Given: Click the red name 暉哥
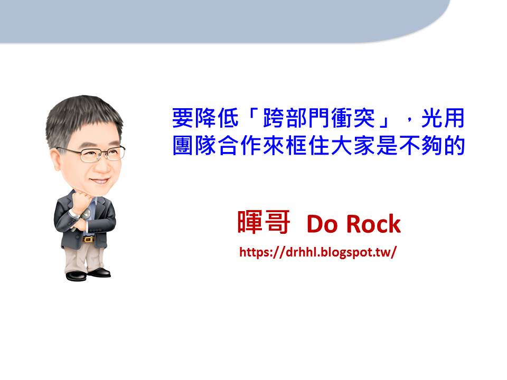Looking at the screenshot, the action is tap(264, 222).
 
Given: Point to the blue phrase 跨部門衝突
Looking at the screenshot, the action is tap(319, 118).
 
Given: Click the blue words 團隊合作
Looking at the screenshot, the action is tap(217, 146).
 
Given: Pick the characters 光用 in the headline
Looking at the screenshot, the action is tap(443, 118).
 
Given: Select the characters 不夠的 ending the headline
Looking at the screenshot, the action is tap(431, 146).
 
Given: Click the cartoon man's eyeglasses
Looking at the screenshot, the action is tap(92, 154).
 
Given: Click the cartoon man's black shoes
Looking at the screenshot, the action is tap(88, 274).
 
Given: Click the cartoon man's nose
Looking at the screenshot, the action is tap(104, 166).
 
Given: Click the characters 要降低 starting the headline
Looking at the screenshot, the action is tap(205, 118).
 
